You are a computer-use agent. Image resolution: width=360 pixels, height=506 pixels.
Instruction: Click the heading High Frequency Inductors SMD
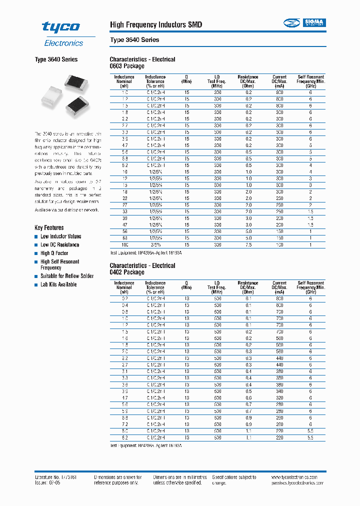click(155, 24)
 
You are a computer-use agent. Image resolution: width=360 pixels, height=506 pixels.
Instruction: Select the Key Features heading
click(49, 227)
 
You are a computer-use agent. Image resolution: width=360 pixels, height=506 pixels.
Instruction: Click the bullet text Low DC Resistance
click(59, 244)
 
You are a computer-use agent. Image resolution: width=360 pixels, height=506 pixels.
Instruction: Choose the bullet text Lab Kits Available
click(58, 284)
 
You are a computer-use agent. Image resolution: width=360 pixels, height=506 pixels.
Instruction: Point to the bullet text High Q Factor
click(54, 253)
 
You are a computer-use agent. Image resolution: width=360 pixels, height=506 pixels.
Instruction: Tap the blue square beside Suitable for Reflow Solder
click(36, 276)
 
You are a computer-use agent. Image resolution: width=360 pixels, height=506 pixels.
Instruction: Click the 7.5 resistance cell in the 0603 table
click(248, 244)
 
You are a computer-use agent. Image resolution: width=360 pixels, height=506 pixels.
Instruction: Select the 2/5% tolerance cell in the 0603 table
click(155, 244)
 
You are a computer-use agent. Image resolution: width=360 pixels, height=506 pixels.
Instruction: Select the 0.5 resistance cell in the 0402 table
click(248, 391)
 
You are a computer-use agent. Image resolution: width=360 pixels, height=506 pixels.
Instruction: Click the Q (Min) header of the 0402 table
click(186, 285)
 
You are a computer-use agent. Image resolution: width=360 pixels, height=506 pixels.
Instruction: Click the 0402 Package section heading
click(127, 272)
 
